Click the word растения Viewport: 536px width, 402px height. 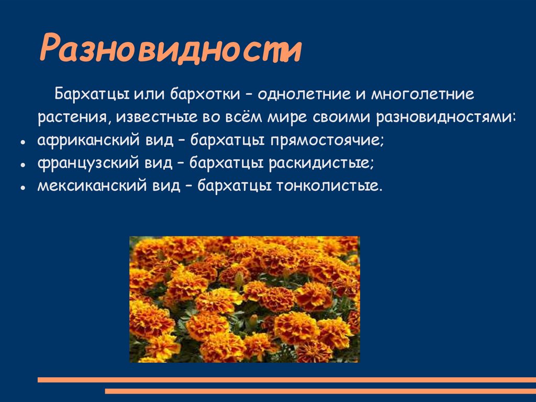pos(71,118)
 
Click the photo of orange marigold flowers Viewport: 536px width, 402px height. pos(244,299)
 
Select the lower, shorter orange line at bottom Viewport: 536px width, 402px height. pos(320,391)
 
